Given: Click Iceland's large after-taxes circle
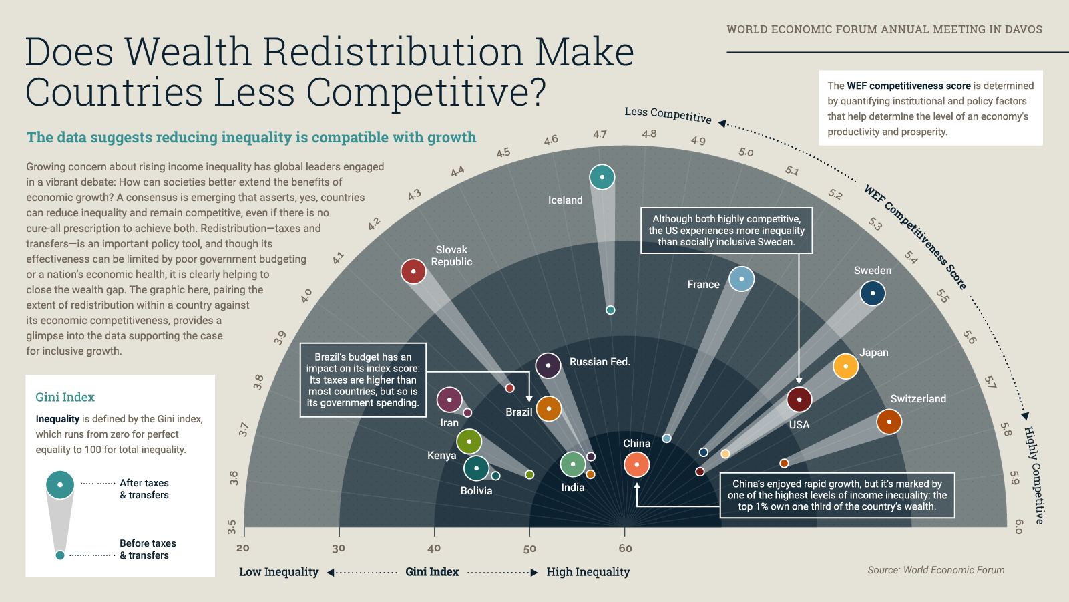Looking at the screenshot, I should (x=602, y=177).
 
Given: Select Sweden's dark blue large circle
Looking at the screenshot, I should (x=872, y=293).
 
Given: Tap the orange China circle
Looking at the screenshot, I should (x=636, y=464).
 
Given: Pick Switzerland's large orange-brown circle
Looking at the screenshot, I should (x=889, y=422).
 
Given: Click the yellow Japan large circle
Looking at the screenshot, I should (x=845, y=366).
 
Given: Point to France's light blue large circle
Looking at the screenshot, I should (x=741, y=279).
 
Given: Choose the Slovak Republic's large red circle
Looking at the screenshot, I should (x=413, y=271).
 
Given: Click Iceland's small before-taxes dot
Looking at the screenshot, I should (x=610, y=310).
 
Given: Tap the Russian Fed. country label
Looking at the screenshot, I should (x=600, y=362).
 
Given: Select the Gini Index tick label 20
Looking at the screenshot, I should (x=243, y=549).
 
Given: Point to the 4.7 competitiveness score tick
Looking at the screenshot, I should (x=600, y=134).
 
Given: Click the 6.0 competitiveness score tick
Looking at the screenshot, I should (x=1018, y=526).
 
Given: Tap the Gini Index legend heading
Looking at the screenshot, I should (x=65, y=397).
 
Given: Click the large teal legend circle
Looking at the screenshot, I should (x=60, y=484).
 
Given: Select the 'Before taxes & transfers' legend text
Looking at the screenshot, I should (x=148, y=549).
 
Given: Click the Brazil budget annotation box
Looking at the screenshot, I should (x=363, y=380).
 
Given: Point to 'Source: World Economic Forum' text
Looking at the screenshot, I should (x=935, y=570).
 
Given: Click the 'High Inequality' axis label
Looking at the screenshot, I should (x=588, y=572).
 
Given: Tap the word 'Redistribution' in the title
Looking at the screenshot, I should (x=393, y=52).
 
